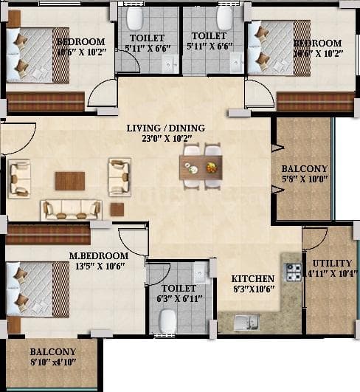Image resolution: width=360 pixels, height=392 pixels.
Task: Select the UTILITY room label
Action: (x=332, y=263)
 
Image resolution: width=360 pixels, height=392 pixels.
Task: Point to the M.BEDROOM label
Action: (x=99, y=256)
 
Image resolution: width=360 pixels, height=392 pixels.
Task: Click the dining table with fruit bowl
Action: (x=201, y=168)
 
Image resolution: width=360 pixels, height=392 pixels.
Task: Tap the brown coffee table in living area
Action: (x=69, y=181)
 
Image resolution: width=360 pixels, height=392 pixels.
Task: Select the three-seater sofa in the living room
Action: (x=72, y=209)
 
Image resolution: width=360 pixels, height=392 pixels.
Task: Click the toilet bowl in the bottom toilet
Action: (x=167, y=320)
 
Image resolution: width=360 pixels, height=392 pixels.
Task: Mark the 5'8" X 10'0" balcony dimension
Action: (x=305, y=178)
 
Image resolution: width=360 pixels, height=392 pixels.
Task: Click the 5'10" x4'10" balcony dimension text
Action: (x=52, y=362)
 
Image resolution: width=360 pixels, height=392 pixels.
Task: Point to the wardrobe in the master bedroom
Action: (x=48, y=234)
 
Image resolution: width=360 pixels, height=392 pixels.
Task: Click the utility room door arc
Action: (x=314, y=238)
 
